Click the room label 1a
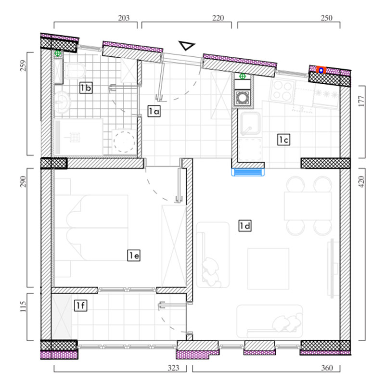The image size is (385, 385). click(154, 111)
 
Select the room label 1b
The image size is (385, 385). click(86, 88)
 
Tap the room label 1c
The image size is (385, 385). click(283, 140)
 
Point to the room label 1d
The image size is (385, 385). click(245, 226)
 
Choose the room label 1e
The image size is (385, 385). click(134, 256)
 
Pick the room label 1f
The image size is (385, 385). click(81, 306)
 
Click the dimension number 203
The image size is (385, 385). click(124, 18)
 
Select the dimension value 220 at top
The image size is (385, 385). click(218, 18)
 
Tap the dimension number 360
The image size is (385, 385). click(327, 368)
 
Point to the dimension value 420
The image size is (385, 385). click(362, 182)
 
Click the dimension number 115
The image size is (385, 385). click(23, 307)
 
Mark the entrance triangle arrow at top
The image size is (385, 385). click(187, 45)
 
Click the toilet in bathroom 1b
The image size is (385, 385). click(75, 71)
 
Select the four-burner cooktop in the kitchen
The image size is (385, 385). click(282, 90)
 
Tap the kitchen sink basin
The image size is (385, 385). click(250, 123)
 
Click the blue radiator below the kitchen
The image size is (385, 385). click(248, 172)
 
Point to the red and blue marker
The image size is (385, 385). click(321, 70)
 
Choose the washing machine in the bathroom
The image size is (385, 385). click(124, 142)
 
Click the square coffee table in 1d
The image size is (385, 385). click(268, 269)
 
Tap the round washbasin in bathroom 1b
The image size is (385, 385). click(62, 103)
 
